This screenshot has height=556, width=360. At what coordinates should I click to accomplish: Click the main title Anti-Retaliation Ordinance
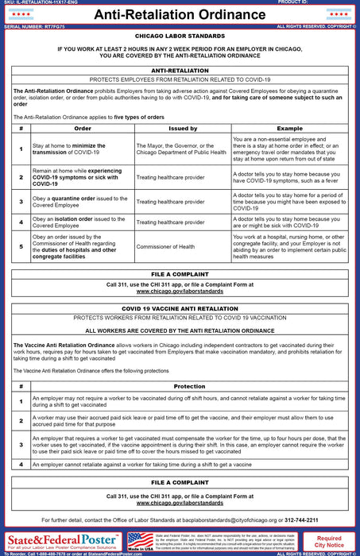coord(180,14)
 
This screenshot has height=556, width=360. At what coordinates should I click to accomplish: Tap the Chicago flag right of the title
coord(338,14)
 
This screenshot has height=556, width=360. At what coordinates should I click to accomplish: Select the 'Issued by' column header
coord(182,127)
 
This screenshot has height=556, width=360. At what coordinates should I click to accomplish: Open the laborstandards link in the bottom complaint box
coord(180,503)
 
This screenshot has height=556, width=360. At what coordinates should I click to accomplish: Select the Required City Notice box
coord(329,542)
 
